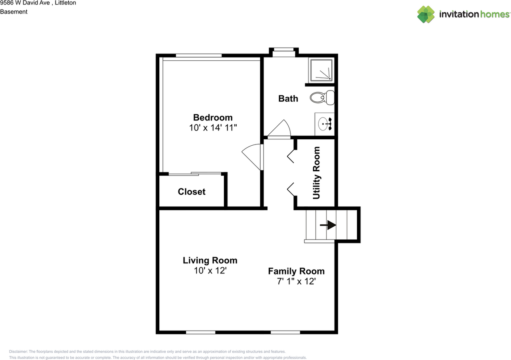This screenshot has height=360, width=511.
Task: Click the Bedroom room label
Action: (212, 117)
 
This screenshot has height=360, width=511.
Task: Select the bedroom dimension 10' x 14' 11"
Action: (213, 128)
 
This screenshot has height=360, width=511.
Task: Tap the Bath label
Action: (288, 98)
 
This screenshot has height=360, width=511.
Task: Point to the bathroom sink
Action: (325, 124)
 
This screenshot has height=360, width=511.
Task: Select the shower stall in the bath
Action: (321, 70)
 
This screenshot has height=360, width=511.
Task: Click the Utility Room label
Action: (316, 172)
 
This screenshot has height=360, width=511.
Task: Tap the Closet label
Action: (192, 192)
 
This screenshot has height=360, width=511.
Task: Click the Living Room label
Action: (210, 261)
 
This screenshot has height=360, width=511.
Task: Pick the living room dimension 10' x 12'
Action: (210, 271)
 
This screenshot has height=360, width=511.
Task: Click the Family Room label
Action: (296, 271)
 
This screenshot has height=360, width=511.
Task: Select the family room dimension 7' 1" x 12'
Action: (296, 281)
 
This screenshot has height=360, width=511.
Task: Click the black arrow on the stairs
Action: (328, 225)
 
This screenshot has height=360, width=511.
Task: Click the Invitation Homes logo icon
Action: (426, 14)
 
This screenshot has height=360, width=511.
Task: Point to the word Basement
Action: (14, 12)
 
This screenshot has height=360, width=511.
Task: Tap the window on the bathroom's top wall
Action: (283, 50)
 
